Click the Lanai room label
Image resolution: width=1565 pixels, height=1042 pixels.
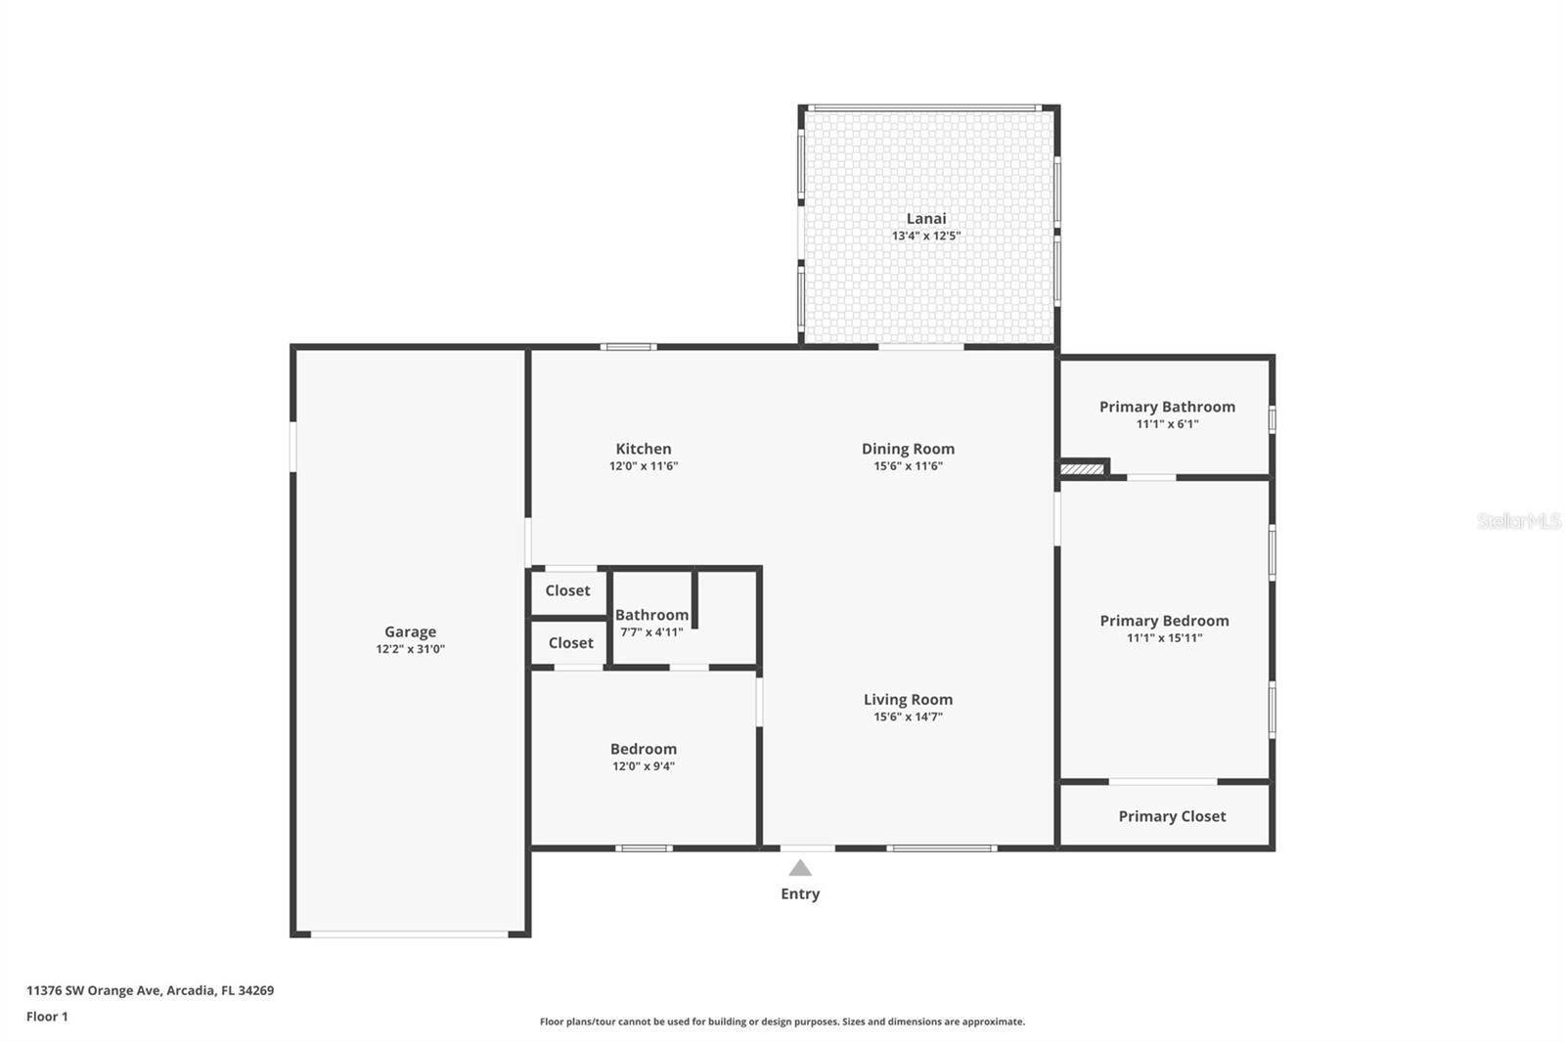tap(925, 219)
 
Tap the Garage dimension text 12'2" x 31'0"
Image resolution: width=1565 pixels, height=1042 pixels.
tap(410, 649)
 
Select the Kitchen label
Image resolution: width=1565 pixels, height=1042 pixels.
tap(643, 449)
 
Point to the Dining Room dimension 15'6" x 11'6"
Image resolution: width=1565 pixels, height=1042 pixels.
tap(908, 466)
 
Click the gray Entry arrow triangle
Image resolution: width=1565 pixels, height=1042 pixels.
tap(800, 868)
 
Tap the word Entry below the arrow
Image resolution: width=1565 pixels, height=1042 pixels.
tap(800, 893)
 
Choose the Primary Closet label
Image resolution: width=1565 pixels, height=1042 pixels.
tap(1172, 816)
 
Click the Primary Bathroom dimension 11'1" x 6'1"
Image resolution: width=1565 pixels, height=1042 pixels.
tap(1167, 424)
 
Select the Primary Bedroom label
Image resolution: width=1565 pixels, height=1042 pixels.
tap(1164, 621)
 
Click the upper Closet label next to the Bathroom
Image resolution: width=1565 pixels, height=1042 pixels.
tap(567, 590)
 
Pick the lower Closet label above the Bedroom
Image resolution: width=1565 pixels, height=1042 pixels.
tap(570, 643)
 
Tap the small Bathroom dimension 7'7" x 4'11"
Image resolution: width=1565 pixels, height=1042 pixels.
tap(651, 632)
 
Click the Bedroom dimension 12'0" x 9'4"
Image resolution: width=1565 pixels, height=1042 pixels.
tap(643, 766)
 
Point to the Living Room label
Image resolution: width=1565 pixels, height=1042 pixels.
tap(908, 700)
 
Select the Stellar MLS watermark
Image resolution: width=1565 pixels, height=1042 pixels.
tap(1518, 521)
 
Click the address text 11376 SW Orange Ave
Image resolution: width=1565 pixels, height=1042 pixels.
tap(150, 990)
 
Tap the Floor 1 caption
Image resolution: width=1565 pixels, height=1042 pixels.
tap(47, 1017)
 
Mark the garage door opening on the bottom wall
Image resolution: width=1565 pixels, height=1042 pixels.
tap(409, 934)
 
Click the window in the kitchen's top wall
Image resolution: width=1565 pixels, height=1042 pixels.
tap(628, 347)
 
